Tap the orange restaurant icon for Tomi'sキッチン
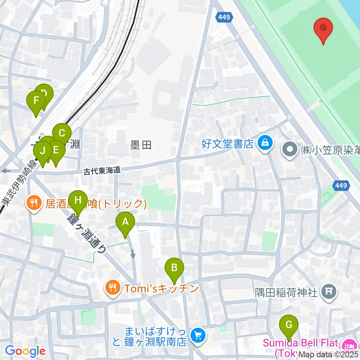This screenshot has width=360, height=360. (113, 288)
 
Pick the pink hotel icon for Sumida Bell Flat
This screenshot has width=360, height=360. (350, 344)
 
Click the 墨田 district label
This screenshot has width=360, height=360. (141, 145)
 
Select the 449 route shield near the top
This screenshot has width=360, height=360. (224, 17)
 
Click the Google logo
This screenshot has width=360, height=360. (25, 351)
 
